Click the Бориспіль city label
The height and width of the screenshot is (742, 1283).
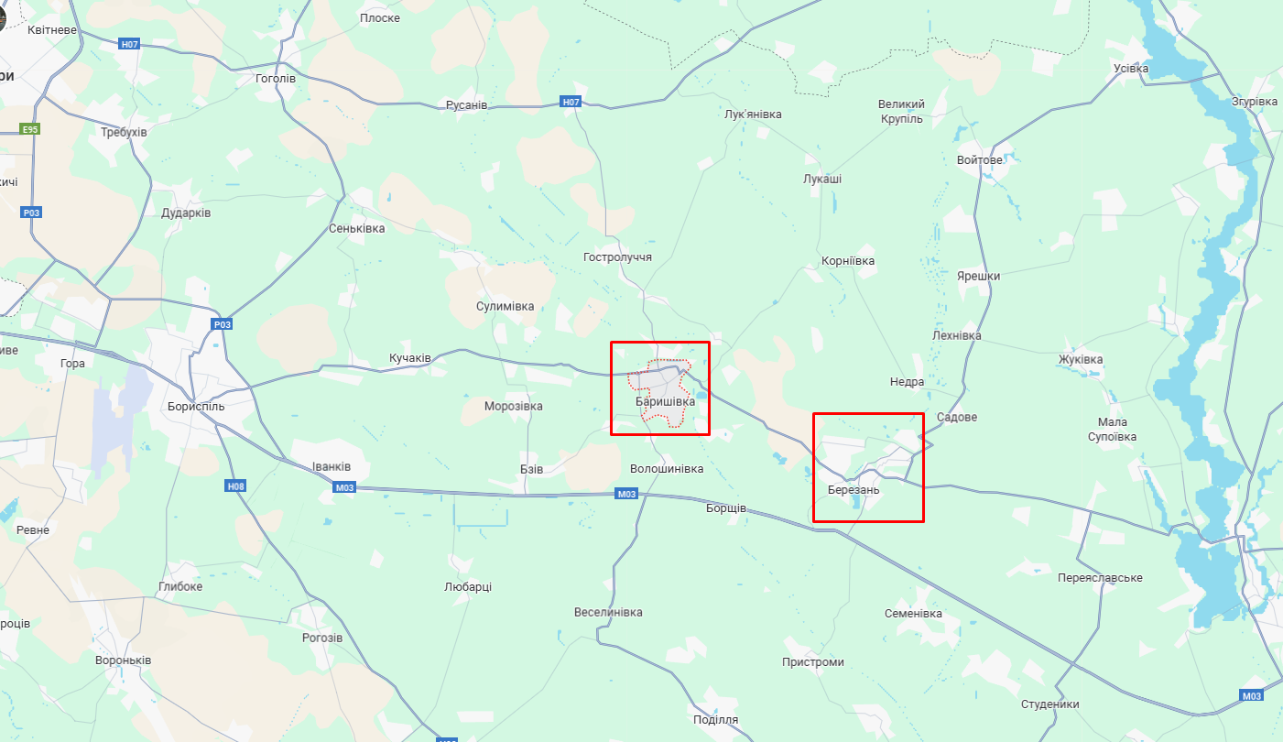pos(196,406)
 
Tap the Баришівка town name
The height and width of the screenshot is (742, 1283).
pos(665,401)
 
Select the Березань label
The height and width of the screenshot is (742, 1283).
pos(853,490)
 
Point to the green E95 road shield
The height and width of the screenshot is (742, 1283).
pos(30,130)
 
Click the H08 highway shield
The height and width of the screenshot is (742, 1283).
pos(235,486)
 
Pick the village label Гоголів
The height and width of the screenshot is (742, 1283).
pos(276,79)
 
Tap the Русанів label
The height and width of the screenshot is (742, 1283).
pos(466,105)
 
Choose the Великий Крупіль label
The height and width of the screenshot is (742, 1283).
pos(901,112)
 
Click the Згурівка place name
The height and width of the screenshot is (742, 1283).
pos(1255,102)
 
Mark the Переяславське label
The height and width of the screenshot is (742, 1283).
pos(1100,578)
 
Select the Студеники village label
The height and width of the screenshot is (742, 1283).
pos(1049,704)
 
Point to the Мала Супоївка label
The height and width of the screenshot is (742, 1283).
pos(1112,429)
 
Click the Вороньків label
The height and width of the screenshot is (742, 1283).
pos(124,660)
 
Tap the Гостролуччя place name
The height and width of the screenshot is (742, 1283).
pos(617,257)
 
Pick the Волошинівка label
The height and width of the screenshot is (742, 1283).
pos(667,469)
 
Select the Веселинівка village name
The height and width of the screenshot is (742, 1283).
pos(608,613)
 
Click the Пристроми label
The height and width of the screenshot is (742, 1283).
pos(813,662)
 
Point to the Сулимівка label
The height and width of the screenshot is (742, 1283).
pos(505,307)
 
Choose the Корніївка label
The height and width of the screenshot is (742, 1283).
pos(848,261)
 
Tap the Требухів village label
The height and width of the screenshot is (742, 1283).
pos(124,133)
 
